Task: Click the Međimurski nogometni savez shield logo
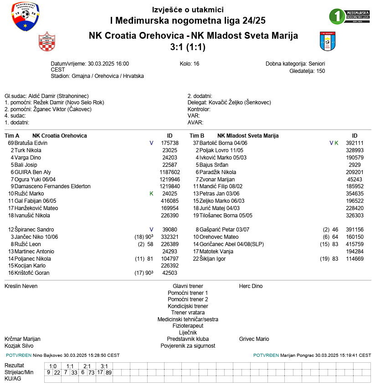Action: click(x=25, y=16)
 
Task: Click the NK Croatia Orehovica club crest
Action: click(x=46, y=42)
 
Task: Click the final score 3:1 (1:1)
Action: click(x=187, y=46)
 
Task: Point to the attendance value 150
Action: click(x=320, y=71)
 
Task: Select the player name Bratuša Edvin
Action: click(x=31, y=143)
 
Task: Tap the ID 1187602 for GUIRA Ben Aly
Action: click(x=170, y=172)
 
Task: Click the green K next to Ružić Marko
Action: click(x=151, y=194)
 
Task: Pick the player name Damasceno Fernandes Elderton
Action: click(x=52, y=186)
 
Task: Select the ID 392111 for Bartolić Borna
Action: click(x=354, y=143)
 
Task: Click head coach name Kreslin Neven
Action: click(x=21, y=286)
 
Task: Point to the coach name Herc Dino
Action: click(x=251, y=286)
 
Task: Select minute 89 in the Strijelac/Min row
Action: click(x=108, y=372)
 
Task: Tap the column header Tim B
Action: click(x=197, y=136)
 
